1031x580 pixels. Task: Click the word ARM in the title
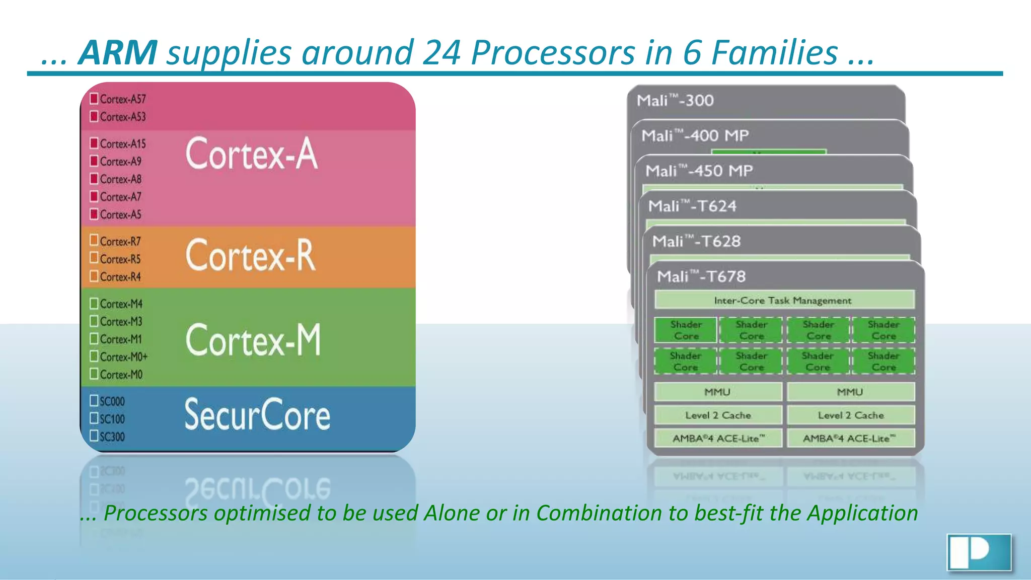[118, 53]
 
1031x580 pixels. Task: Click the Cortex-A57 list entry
[123, 99]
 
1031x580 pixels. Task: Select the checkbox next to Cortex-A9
[94, 161]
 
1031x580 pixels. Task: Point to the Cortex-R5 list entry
[120, 259]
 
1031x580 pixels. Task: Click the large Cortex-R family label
[251, 255]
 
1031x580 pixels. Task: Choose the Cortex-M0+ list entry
[124, 357]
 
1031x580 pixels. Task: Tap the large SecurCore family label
[257, 415]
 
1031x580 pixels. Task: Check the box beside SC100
[94, 418]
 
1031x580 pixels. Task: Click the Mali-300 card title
[675, 101]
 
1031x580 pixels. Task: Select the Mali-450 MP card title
[699, 171]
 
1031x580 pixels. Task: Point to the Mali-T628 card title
[696, 242]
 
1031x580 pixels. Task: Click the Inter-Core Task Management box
[784, 300]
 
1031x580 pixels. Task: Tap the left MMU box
[717, 392]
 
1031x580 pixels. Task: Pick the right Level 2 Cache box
[850, 415]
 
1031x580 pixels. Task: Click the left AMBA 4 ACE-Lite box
[718, 438]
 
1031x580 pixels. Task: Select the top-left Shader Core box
[686, 330]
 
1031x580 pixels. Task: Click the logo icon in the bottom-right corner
[979, 552]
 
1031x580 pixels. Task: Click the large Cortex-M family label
[253, 340]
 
